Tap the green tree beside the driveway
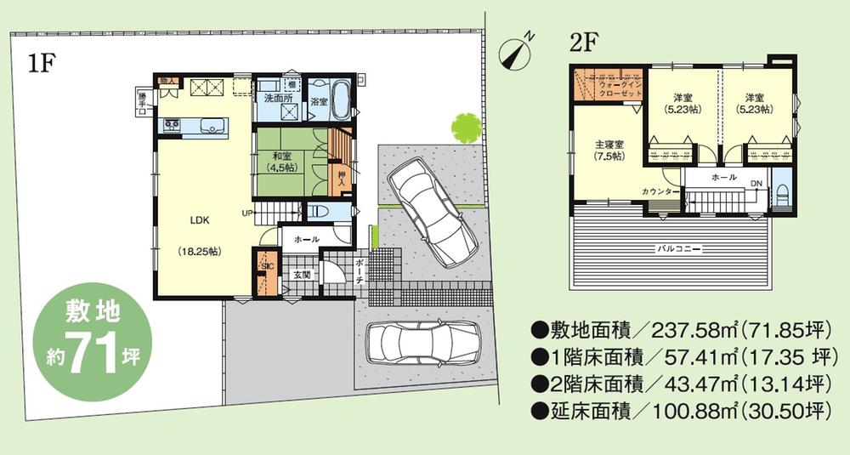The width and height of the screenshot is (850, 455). click(x=466, y=128)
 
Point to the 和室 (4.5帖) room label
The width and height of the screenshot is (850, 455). click(x=282, y=162)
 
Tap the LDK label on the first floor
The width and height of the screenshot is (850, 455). click(x=199, y=219)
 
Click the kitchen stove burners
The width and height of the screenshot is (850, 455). click(x=172, y=126)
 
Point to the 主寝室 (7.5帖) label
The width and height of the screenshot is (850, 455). click(x=609, y=150)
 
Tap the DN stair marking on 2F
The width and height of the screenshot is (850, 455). click(x=756, y=184)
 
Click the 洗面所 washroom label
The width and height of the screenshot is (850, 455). click(x=277, y=99)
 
